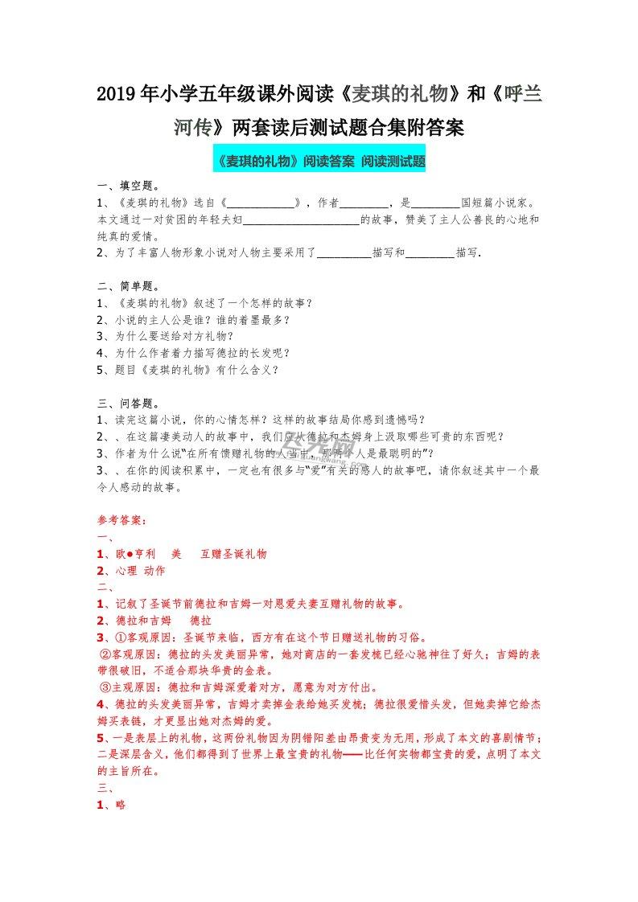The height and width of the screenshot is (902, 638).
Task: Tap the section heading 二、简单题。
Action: click(x=129, y=285)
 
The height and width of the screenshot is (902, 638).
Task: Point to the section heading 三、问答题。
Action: click(x=129, y=403)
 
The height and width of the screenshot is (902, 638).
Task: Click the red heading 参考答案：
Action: click(x=121, y=520)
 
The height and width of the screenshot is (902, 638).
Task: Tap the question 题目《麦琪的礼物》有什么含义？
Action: click(x=193, y=370)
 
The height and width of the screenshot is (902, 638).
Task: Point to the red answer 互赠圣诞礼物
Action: click(x=233, y=554)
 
